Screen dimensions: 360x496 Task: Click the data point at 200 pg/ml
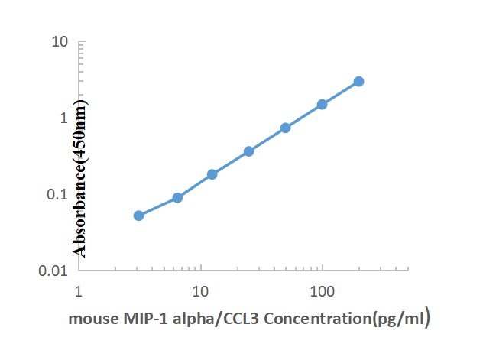tap(358, 82)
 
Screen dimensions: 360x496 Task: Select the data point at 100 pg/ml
tap(322, 105)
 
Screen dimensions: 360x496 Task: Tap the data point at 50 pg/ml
tap(285, 128)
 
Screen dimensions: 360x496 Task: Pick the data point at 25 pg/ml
tap(248, 151)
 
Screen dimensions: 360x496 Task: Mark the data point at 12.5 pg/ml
tap(212, 174)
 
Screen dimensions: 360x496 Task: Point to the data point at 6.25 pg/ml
tap(177, 198)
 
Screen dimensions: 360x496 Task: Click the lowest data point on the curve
tap(138, 216)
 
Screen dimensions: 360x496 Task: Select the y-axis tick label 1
tap(65, 117)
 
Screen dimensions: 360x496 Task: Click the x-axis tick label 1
tap(78, 291)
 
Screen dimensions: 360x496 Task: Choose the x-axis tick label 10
tap(200, 291)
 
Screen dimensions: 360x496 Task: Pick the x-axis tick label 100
tap(322, 291)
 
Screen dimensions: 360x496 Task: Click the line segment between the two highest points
tap(340, 93)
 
